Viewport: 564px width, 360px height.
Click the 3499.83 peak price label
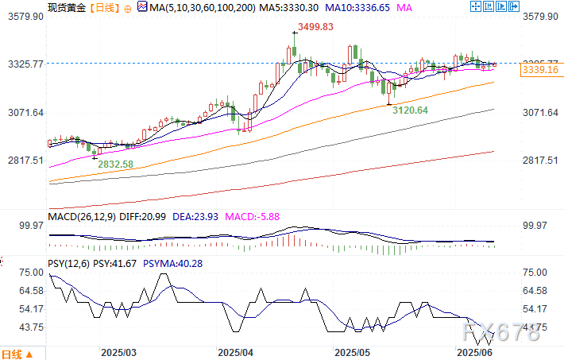[x=312, y=27]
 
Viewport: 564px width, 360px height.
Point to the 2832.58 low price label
[x=116, y=165]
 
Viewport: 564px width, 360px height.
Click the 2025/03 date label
[x=118, y=350]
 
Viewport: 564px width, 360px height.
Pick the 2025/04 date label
[x=235, y=350]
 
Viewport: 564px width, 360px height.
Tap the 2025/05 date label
[x=353, y=350]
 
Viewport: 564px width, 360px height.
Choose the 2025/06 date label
[x=473, y=350]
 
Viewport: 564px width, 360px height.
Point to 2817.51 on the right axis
[x=541, y=160]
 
